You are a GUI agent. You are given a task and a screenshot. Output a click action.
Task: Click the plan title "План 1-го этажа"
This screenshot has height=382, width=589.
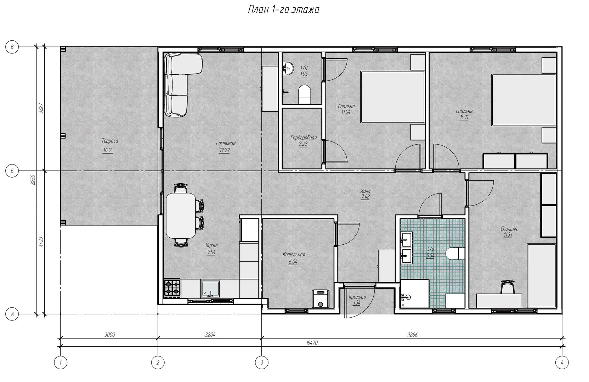pos(284,10)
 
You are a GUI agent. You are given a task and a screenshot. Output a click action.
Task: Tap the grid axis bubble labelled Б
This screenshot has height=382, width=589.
pos(12,171)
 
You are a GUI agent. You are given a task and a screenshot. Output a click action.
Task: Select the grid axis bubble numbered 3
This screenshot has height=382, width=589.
pos(262,363)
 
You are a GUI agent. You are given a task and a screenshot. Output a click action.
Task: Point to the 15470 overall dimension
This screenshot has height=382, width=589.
pos(312,343)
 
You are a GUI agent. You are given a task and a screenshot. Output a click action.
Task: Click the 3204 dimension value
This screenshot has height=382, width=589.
pos(210,335)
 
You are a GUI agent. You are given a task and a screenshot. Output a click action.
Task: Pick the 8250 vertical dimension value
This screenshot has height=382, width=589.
pos(33,180)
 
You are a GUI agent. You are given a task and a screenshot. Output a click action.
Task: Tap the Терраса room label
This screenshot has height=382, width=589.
pos(110,141)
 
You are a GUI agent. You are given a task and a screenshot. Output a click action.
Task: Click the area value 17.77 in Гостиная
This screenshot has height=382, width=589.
pos(224,150)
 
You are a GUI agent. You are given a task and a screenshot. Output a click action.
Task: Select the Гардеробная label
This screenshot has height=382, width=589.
pos(304,138)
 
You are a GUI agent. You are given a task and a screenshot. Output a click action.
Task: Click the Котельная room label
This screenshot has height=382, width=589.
pos(294,254)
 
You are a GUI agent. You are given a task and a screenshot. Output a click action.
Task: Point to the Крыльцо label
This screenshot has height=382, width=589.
pos(357,297)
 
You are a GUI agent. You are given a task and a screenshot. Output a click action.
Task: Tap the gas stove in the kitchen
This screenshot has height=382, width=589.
pos(172,288)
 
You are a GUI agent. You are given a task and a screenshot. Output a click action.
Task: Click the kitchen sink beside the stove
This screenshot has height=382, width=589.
pos(210,289)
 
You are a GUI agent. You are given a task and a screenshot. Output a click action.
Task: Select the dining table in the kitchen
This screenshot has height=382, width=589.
pos(181,215)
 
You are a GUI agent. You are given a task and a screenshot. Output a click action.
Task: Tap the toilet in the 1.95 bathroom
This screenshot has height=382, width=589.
pos(305,94)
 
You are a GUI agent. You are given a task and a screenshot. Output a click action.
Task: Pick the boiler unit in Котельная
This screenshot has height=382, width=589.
pos(320,299)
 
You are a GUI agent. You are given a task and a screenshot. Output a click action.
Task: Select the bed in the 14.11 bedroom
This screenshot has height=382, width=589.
pos(523,100)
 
